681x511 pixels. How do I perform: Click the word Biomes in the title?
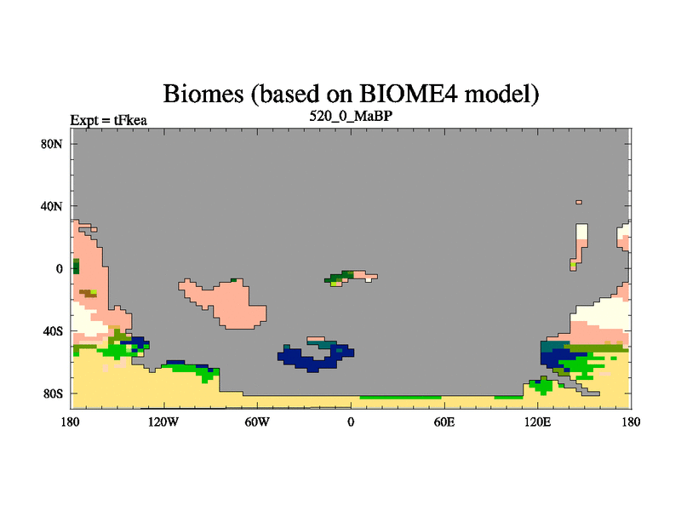pos(203,94)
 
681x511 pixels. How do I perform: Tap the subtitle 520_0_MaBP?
pos(351,116)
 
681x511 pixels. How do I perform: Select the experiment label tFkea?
pos(130,120)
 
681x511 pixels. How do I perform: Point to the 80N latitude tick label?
pos(52,144)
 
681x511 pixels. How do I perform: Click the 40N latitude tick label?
pos(52,206)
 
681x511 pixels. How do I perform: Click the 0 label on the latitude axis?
pos(59,268)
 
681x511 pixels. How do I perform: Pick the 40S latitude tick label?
pos(53,331)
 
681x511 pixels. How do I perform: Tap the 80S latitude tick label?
pos(53,393)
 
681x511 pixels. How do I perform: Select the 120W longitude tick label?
pos(163,422)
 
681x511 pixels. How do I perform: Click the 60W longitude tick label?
pos(257,422)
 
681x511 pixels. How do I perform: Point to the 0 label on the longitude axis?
pos(351,422)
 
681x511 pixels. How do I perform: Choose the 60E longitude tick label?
pos(444,422)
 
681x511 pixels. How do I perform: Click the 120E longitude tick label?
pos(538,422)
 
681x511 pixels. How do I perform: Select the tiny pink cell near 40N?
pos(579,202)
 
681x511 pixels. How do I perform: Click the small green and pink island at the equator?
pos(351,278)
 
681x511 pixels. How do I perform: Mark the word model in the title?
pos(501,94)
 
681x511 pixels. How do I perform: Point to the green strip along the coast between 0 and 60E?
pos(400,397)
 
